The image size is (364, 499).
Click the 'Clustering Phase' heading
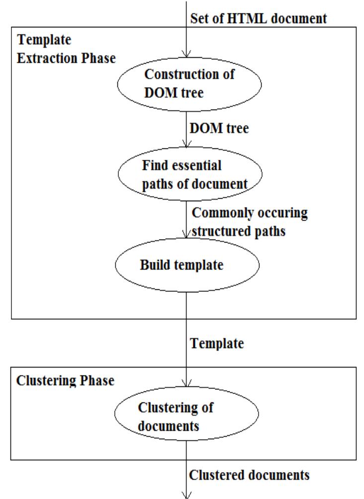coord(59,381)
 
